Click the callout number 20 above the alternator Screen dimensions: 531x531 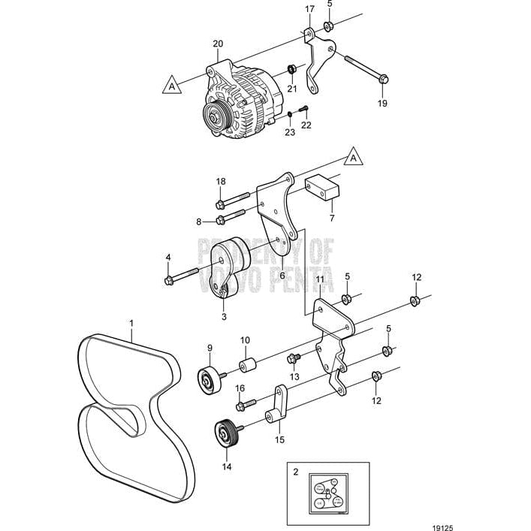[219, 44]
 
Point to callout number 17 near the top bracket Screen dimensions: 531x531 [309, 9]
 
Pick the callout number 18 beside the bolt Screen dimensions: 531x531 [220, 182]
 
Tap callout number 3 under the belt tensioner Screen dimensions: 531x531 [225, 317]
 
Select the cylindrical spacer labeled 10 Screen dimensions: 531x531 [249, 367]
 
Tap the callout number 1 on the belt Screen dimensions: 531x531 [131, 325]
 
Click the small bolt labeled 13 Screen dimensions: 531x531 [293, 358]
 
